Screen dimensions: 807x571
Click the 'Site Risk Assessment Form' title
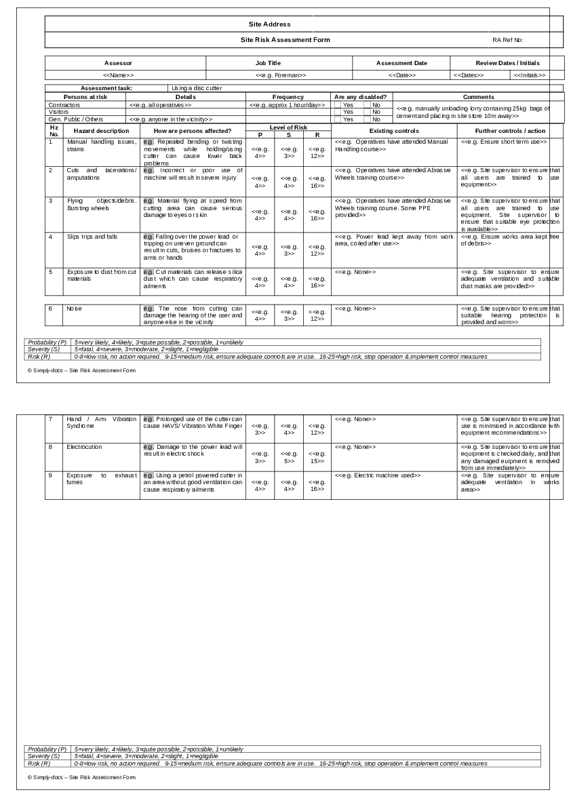[x=285, y=40]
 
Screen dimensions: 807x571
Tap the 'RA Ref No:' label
[x=507, y=40]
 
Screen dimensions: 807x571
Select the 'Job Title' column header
[x=267, y=63]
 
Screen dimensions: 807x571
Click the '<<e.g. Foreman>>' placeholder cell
[x=280, y=75]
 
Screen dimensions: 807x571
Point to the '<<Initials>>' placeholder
[x=529, y=75]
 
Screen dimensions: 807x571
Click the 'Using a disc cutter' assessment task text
[x=197, y=88]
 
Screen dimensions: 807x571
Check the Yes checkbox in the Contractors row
[x=338, y=105]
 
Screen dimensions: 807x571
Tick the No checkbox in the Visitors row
[x=367, y=112]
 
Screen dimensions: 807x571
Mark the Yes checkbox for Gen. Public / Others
[x=338, y=119]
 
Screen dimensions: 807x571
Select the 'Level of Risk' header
[x=288, y=127]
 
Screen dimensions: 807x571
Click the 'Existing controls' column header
[x=394, y=131]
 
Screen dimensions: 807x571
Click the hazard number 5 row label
[x=50, y=272]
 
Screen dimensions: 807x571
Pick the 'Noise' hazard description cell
[x=74, y=309]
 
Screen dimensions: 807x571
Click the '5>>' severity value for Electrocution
[x=289, y=461]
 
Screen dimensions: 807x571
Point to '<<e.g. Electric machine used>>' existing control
[x=377, y=475]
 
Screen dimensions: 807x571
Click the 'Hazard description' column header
[x=101, y=131]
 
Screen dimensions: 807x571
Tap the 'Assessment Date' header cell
[x=401, y=63]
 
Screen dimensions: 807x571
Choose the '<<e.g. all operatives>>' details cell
[x=161, y=105]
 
